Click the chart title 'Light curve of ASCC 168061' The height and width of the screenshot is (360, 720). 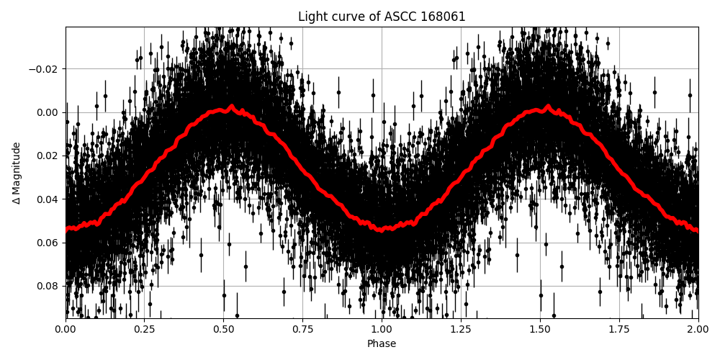pos(382,17)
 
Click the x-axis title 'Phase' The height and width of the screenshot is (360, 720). pos(382,344)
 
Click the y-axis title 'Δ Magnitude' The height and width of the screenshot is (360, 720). pos(17,173)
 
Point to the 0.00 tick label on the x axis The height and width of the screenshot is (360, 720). pos(66,330)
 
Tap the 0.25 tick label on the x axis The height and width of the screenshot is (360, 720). pos(144,330)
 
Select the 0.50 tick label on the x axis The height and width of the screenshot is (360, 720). pos(223,330)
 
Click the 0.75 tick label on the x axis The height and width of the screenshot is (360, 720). pos(302,330)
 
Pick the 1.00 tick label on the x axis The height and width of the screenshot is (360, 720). pos(382,330)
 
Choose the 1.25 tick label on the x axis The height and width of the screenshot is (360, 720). pos(461,330)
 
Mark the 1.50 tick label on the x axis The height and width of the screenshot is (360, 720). pos(540,330)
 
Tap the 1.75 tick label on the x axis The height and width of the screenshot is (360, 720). pos(619,330)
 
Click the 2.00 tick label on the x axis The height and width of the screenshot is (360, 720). pos(698,330)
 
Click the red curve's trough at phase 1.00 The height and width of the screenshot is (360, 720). pos(382,229)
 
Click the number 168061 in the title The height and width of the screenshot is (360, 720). pos(443,17)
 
